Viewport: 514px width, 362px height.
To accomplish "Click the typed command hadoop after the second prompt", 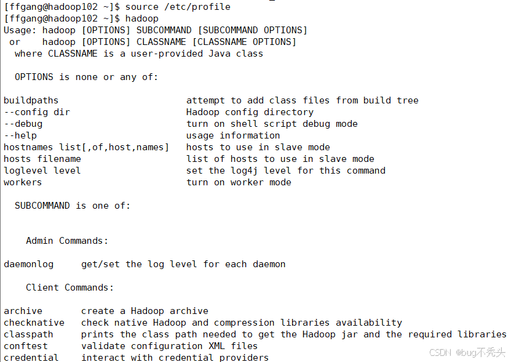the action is [x=141, y=18].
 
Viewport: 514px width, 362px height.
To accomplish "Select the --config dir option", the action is [x=37, y=112].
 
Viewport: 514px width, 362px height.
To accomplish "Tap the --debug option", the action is [x=23, y=124].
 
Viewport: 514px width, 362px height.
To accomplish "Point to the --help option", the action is [x=20, y=135].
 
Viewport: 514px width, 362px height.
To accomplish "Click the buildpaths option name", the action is [x=31, y=100].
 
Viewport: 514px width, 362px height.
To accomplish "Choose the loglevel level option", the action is [x=42, y=171].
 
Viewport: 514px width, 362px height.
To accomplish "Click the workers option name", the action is [x=23, y=182].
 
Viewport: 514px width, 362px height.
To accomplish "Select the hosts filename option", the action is [x=42, y=159].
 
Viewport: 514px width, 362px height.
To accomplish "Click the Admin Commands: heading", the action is [x=67, y=241].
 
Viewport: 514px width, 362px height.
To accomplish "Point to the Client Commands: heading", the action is [x=69, y=288].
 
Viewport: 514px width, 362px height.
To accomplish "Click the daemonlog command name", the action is [x=28, y=264].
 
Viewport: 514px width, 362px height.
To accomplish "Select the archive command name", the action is [x=23, y=311].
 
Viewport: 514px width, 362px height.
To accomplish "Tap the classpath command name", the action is [x=28, y=334].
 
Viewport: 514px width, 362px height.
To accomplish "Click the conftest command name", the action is [x=25, y=346].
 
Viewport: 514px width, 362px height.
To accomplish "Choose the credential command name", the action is [x=31, y=358].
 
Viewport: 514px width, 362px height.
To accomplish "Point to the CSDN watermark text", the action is [x=440, y=353].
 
